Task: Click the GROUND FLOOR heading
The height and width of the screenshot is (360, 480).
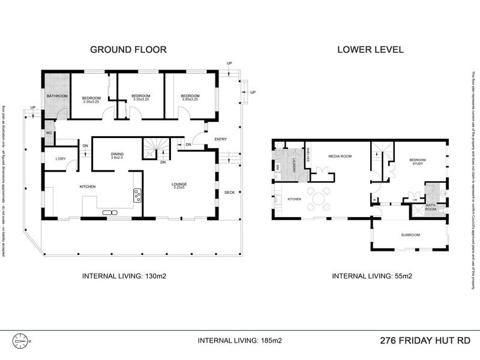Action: [128, 49]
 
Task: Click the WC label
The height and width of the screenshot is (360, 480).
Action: [48, 133]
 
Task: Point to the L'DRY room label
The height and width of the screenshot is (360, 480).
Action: [60, 158]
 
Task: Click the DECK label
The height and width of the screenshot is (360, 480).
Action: [229, 193]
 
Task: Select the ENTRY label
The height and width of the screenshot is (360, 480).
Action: [221, 140]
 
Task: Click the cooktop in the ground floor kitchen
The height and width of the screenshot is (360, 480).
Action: [137, 194]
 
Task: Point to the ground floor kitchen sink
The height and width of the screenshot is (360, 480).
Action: [110, 212]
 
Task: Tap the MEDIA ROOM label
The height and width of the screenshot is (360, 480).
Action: [339, 155]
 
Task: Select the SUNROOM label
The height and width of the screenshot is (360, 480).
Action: [410, 235]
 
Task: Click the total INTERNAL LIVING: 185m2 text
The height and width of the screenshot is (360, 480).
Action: [240, 340]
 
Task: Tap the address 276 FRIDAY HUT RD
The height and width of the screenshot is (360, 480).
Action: [424, 340]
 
